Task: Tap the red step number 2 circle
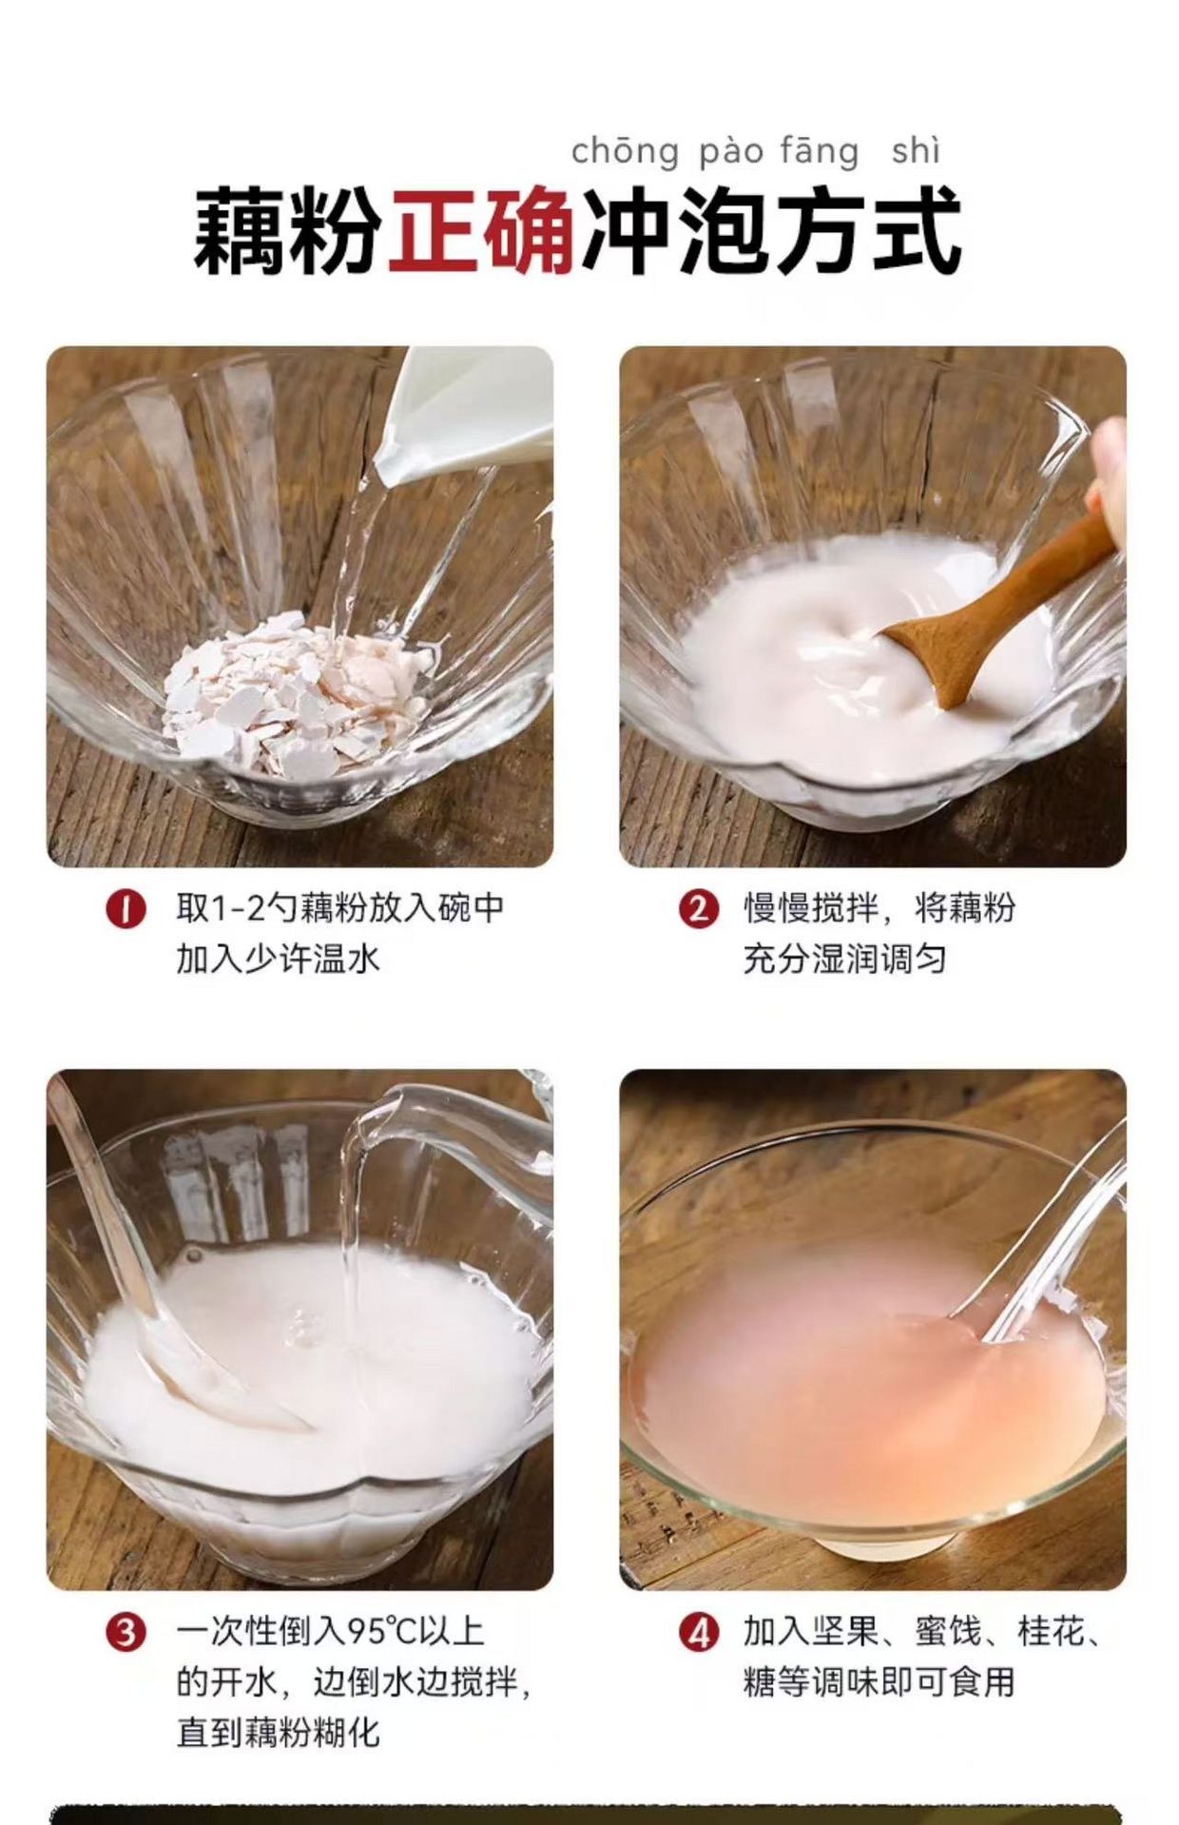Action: (699, 909)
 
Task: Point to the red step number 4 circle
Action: (699, 1633)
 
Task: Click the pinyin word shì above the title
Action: (916, 150)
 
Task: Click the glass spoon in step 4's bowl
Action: (1046, 1236)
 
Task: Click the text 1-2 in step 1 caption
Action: (238, 908)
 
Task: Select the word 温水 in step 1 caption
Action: (346, 959)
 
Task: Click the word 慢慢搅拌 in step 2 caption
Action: (811, 908)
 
